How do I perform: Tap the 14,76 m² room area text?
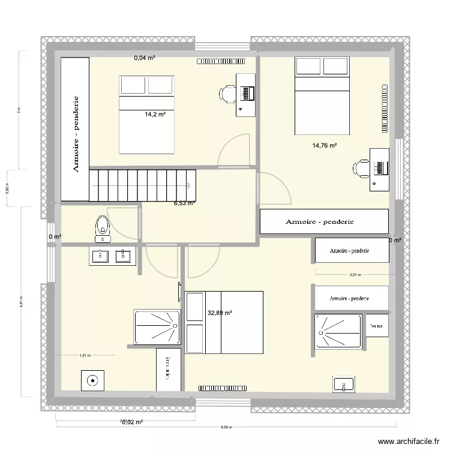[x=324, y=145]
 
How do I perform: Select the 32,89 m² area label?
[x=220, y=313]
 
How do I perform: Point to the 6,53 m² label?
[x=184, y=203]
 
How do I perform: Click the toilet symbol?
[x=103, y=226]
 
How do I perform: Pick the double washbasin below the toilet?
[x=113, y=256]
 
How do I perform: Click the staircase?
[x=143, y=185]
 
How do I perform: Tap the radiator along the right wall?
[x=382, y=109]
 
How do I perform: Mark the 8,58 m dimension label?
[x=225, y=428]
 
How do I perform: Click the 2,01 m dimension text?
[x=355, y=275]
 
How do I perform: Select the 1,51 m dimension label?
[x=85, y=355]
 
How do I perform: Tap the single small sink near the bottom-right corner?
[x=344, y=384]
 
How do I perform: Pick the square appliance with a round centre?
[x=92, y=380]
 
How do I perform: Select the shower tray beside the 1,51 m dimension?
[x=157, y=327]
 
